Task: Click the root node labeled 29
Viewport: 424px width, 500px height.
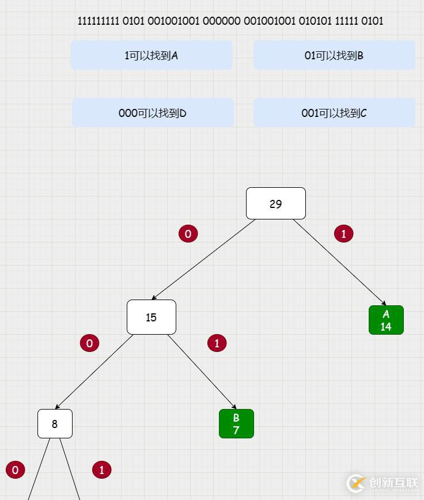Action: pyautogui.click(x=275, y=203)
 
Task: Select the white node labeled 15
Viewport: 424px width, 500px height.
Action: pyautogui.click(x=151, y=317)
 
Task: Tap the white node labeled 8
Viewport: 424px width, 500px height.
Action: pyautogui.click(x=55, y=423)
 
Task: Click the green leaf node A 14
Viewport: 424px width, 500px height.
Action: pyautogui.click(x=386, y=320)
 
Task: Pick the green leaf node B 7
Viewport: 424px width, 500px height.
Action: pyautogui.click(x=236, y=423)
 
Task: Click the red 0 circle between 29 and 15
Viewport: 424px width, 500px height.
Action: pyautogui.click(x=188, y=233)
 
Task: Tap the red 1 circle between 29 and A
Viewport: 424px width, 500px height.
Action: pyautogui.click(x=343, y=233)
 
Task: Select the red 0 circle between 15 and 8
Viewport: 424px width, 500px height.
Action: pyautogui.click(x=89, y=343)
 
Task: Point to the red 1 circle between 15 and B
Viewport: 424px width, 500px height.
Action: pyautogui.click(x=217, y=343)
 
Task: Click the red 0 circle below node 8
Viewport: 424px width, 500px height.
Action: pyautogui.click(x=15, y=469)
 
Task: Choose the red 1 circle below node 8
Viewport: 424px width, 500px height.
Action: pyautogui.click(x=101, y=469)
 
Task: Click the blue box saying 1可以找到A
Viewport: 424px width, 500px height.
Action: pyautogui.click(x=152, y=55)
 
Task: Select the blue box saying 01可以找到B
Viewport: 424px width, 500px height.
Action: pyautogui.click(x=334, y=55)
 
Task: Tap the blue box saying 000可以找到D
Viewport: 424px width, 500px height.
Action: pyautogui.click(x=153, y=113)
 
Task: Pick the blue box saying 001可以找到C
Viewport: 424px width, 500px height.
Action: pyautogui.click(x=334, y=113)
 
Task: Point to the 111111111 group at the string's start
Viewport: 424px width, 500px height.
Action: pyautogui.click(x=99, y=21)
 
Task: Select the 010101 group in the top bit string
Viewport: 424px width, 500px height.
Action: pyautogui.click(x=315, y=21)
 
